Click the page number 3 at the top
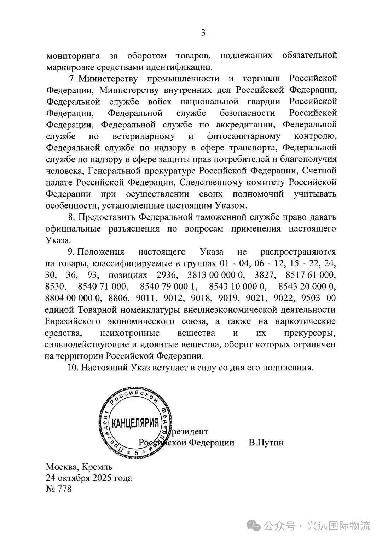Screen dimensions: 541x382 click(x=203, y=33)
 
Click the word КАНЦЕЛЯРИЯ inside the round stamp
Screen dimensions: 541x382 click(x=135, y=422)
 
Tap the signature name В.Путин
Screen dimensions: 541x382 click(x=266, y=443)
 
